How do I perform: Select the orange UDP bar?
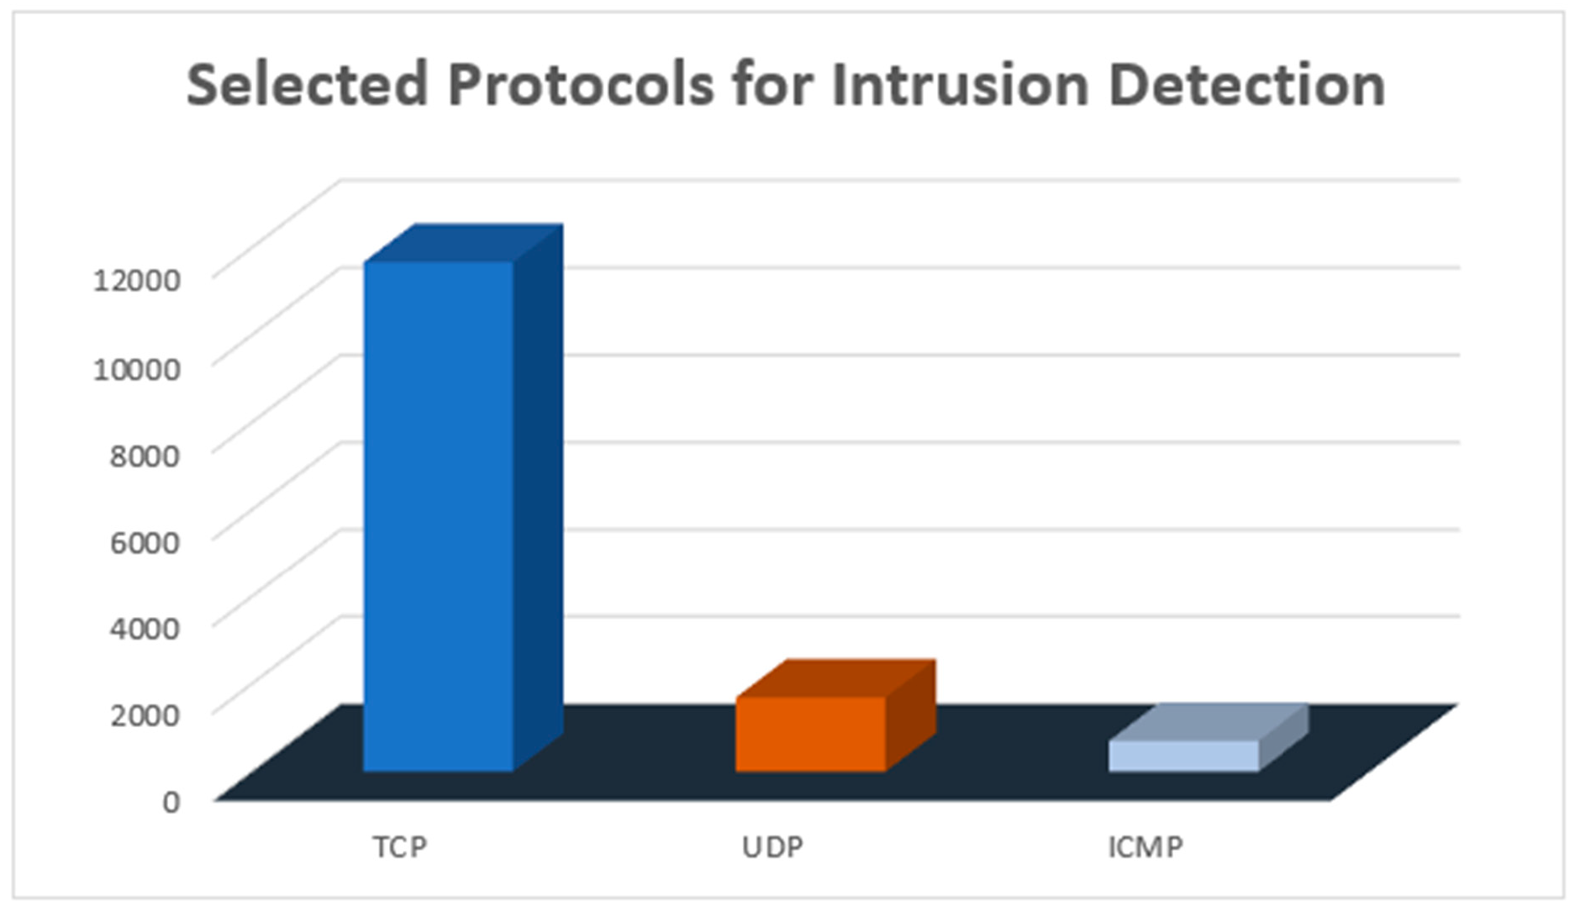(x=810, y=733)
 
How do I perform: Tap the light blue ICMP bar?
(x=1183, y=756)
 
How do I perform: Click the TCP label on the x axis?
(x=400, y=846)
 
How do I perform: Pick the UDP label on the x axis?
(x=772, y=846)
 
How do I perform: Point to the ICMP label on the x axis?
(x=1145, y=846)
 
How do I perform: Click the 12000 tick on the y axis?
(x=137, y=280)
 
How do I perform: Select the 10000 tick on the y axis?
(x=137, y=368)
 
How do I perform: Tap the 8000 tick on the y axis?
(x=145, y=455)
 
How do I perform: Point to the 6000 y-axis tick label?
(x=145, y=541)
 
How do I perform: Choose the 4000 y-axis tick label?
(x=145, y=628)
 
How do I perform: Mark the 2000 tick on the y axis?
(x=145, y=714)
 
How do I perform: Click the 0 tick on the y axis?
(x=171, y=802)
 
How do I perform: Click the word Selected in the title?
(x=307, y=86)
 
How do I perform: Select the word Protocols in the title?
(x=580, y=86)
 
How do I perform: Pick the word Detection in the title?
(x=1246, y=86)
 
